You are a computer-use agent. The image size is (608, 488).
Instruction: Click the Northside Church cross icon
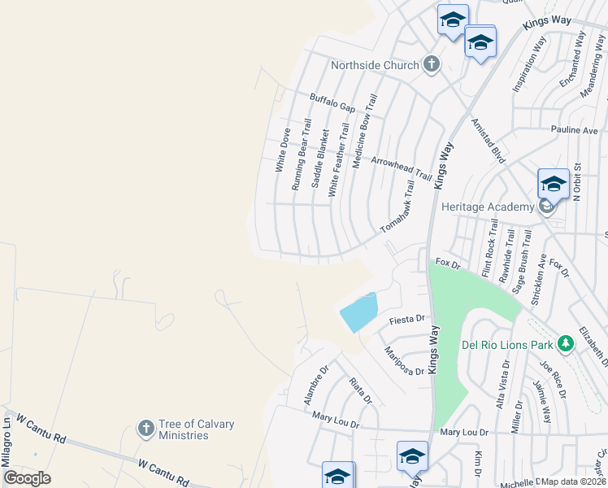pyautogui.click(x=431, y=65)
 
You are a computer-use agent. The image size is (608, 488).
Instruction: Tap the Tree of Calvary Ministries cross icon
pyautogui.click(x=145, y=428)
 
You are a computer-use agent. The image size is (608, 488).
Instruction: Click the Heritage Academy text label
pyautogui.click(x=487, y=207)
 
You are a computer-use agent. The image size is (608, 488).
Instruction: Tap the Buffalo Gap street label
pyautogui.click(x=332, y=102)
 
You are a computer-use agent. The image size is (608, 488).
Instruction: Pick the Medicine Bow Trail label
pyautogui.click(x=363, y=130)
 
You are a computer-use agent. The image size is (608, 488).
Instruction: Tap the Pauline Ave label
pyautogui.click(x=574, y=130)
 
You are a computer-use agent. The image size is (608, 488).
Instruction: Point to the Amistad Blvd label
pyautogui.click(x=489, y=141)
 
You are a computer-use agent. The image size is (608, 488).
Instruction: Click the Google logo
pyautogui.click(x=28, y=478)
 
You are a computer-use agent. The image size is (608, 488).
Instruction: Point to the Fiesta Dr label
pyautogui.click(x=407, y=320)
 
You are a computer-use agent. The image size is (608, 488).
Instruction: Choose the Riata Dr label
pyautogui.click(x=360, y=390)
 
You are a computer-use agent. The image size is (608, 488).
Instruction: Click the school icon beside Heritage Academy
pyautogui.click(x=553, y=184)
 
